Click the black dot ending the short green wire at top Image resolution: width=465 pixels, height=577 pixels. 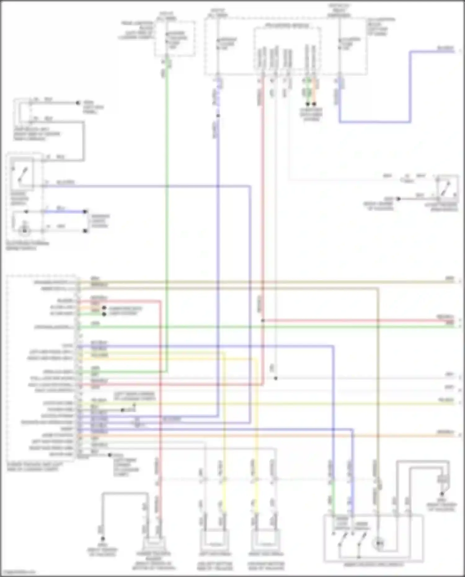(x=308, y=104)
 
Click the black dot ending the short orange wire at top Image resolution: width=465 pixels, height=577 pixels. (x=314, y=104)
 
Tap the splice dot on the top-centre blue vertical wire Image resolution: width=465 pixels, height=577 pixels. (x=218, y=116)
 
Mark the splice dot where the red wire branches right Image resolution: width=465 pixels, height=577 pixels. (x=263, y=320)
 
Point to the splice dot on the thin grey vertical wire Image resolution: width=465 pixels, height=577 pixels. (x=276, y=378)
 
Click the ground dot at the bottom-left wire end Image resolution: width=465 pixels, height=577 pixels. (x=103, y=539)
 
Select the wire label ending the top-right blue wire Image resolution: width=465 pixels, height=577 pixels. (x=445, y=48)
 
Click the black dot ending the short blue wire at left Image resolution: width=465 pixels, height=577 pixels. (x=85, y=212)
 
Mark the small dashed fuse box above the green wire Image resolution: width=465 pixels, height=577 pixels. (x=175, y=39)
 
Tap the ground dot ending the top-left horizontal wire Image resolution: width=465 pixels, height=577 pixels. (x=78, y=103)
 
